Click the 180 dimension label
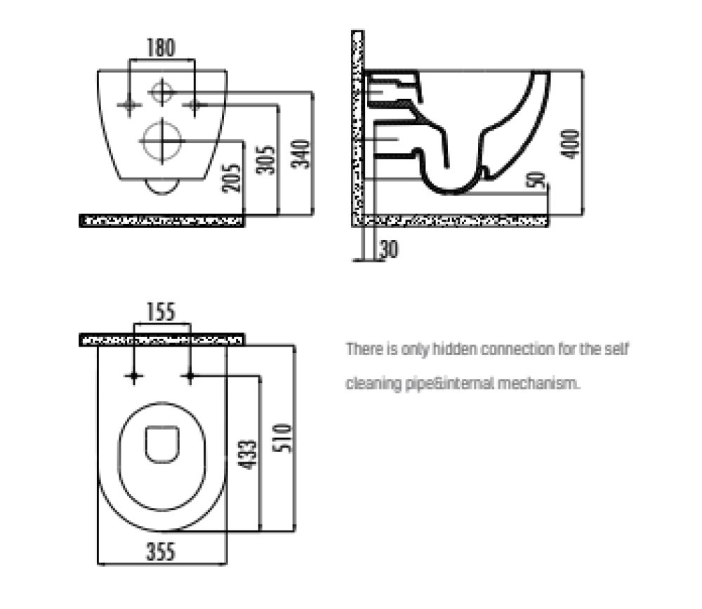pos(161,48)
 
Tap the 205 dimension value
pos(232,178)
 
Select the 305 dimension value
pos(265,160)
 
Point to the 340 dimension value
pos(300,154)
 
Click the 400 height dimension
pos(570,144)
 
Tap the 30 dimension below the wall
pos(389,249)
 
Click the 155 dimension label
pos(161,312)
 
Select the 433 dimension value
pos(248,455)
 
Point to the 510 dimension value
pos(282,439)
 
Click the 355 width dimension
pos(161,551)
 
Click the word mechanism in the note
pos(538,384)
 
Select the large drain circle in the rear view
pos(162,141)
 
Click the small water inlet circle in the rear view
pos(162,92)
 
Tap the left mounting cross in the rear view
pos(129,106)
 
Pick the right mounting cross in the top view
pos(190,376)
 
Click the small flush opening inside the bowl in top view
pos(162,444)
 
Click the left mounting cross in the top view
pos(134,376)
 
